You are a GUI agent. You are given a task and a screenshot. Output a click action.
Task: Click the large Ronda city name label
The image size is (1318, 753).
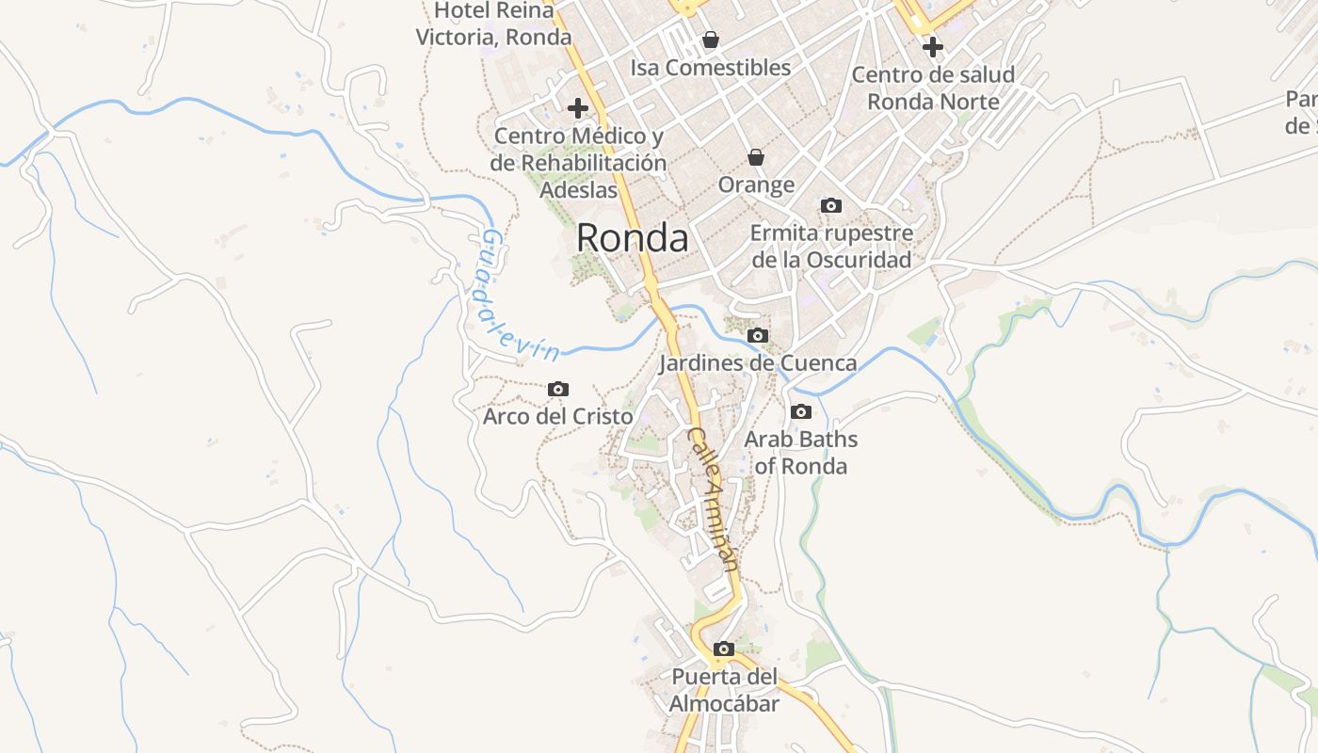coord(632,238)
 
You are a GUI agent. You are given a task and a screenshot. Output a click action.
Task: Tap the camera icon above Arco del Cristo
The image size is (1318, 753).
coord(558,389)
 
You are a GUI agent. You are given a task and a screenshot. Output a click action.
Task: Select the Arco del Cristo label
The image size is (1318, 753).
coord(558,416)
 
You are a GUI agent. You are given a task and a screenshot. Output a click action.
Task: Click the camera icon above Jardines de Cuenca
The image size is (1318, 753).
coord(758,335)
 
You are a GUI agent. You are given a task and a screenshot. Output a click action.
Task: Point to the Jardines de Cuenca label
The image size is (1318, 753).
coord(758,363)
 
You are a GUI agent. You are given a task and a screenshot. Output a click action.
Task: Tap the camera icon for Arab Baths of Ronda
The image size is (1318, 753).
coord(801,411)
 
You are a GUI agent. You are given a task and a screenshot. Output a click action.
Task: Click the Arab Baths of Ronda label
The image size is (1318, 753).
coord(801,453)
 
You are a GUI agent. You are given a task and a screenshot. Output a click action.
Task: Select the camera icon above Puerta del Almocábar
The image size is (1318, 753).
coord(724,649)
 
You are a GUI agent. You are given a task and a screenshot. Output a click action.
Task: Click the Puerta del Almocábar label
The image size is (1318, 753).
coord(724,690)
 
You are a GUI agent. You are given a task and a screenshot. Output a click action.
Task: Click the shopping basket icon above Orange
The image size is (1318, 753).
coord(756,157)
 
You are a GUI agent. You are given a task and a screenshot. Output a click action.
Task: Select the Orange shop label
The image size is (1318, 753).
coord(756,184)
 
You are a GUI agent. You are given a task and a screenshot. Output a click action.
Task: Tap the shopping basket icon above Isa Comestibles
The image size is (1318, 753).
coord(711,40)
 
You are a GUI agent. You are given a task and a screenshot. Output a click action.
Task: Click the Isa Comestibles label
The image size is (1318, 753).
coord(711,68)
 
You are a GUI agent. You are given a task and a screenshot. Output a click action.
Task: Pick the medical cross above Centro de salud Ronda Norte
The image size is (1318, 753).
coord(933,46)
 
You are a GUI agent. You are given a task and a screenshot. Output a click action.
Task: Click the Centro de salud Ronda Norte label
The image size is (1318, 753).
coord(933,88)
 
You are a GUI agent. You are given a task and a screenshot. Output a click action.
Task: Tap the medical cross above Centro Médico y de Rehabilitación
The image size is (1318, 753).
coord(578,108)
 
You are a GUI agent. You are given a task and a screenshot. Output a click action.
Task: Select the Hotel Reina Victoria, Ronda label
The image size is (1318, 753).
coord(494,24)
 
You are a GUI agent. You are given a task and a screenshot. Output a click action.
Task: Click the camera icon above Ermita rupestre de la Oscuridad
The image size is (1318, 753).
coord(831,205)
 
